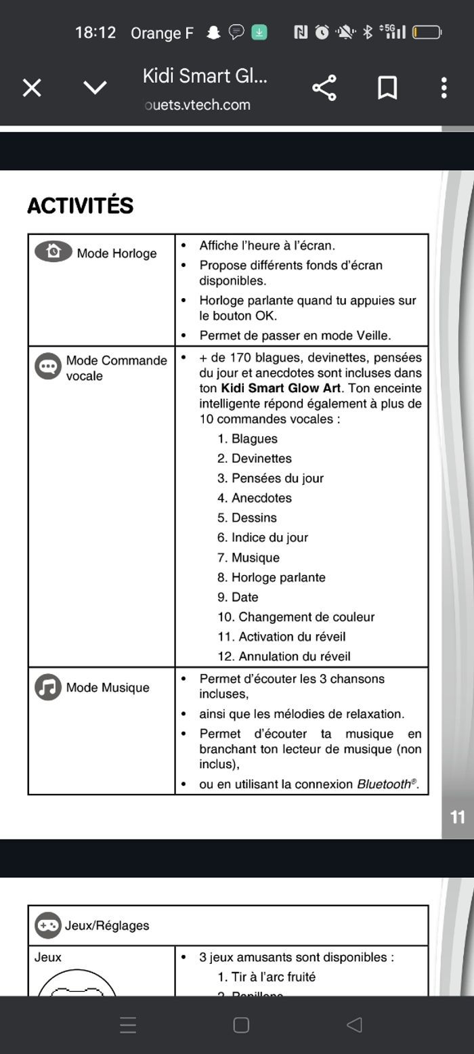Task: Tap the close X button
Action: [32, 88]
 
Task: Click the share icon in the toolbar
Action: [324, 88]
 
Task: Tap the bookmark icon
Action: [387, 88]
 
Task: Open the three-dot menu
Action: [444, 88]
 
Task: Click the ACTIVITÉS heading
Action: [80, 206]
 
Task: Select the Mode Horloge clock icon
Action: [53, 251]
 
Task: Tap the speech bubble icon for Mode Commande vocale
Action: [48, 366]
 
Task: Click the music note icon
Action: [48, 687]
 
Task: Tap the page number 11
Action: [458, 817]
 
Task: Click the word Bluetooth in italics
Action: [384, 784]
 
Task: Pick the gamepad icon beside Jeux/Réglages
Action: [48, 925]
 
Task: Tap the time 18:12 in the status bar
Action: [95, 33]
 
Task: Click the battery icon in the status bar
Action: [427, 33]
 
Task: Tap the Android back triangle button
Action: [354, 1025]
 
